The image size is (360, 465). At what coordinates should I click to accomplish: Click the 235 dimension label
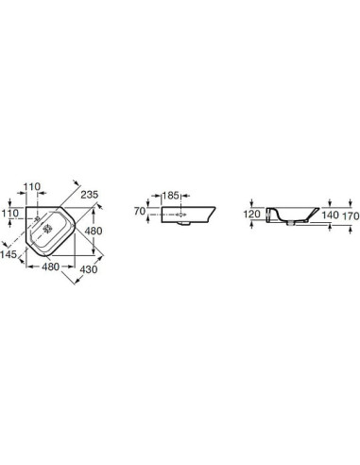pos(90,195)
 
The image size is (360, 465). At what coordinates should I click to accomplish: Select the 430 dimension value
pos(89,269)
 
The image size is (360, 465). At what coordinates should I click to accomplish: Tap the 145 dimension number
pos(9,254)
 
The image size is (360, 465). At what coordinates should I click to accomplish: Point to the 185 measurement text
pos(171,196)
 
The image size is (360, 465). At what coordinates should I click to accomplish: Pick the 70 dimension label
pos(140,211)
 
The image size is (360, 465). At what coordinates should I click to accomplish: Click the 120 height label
pos(252,215)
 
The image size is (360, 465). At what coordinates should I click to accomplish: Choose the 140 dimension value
pos(330,215)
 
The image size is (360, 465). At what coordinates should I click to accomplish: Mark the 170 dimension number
pos(351,215)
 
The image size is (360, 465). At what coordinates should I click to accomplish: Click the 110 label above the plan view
pos(32,187)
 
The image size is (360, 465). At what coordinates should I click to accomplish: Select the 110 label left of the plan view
pos(10,214)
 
